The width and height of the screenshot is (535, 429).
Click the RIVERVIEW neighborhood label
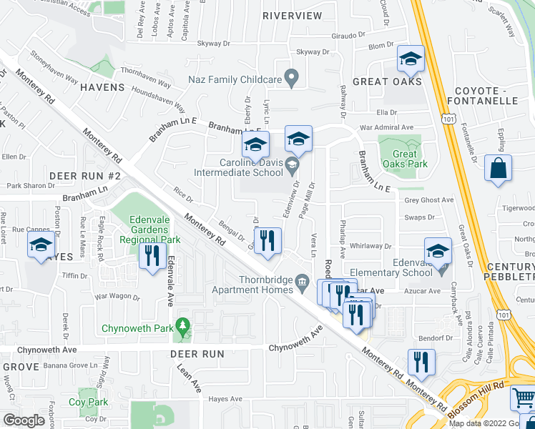(x=292, y=15)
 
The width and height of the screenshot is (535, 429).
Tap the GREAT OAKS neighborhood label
(x=380, y=82)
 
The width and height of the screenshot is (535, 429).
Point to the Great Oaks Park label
(x=405, y=159)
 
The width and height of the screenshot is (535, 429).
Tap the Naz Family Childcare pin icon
(x=291, y=76)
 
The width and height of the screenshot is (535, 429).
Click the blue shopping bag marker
(x=498, y=169)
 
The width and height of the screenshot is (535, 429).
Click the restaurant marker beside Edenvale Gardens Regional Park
(x=151, y=256)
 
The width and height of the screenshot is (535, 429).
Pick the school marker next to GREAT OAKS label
(x=411, y=60)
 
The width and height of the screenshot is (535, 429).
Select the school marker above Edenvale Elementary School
(x=438, y=252)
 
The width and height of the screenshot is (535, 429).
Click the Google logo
(x=24, y=420)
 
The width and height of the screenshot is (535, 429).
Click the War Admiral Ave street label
(x=388, y=127)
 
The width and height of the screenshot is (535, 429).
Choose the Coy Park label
(x=89, y=403)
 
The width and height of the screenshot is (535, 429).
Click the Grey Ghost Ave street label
(x=429, y=200)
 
